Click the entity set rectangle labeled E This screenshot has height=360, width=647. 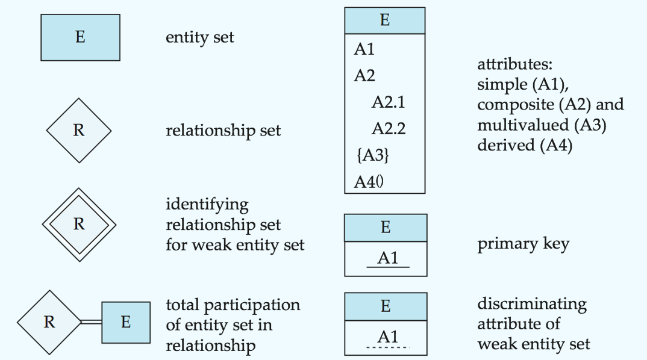pyautogui.click(x=81, y=37)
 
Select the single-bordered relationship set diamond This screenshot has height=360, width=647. pyautogui.click(x=79, y=130)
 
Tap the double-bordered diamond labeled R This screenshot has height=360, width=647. pyautogui.click(x=80, y=225)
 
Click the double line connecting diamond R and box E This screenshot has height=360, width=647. pyautogui.click(x=91, y=321)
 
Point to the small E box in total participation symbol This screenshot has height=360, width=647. pyautogui.click(x=126, y=323)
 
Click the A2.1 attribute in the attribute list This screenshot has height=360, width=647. pyautogui.click(x=389, y=102)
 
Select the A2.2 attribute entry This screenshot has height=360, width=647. pyautogui.click(x=389, y=129)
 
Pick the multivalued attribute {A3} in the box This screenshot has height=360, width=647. pyautogui.click(x=373, y=155)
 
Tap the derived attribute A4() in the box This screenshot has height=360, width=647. pyautogui.click(x=369, y=182)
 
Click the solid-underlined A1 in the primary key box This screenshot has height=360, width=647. pyautogui.click(x=388, y=258)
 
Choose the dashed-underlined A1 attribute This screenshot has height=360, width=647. pyautogui.click(x=388, y=338)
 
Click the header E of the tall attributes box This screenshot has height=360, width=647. pyautogui.click(x=385, y=20)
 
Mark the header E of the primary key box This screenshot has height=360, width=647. pyautogui.click(x=386, y=228)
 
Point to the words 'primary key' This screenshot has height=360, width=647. pyautogui.click(x=524, y=244)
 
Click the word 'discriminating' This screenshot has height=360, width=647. pyautogui.click(x=532, y=305)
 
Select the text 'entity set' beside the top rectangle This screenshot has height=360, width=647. pyautogui.click(x=200, y=37)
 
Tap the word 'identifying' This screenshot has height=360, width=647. pyautogui.click(x=207, y=205)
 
